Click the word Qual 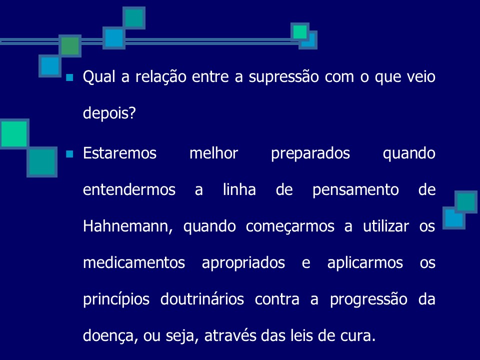97,77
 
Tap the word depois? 109,113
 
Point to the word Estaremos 120,153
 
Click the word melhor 213,153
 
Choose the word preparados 310,153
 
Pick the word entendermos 129,189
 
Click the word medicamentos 134,262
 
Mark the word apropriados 243,262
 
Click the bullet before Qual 69,78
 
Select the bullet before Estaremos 69,153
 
